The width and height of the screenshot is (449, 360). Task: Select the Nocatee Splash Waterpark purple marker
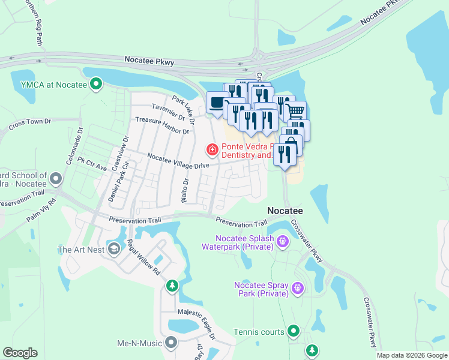[x=283, y=242]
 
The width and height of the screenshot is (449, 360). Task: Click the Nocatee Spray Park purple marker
[x=297, y=289]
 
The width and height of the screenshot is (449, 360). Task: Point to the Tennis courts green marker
[x=293, y=331]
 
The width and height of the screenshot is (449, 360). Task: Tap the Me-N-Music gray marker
[x=171, y=343]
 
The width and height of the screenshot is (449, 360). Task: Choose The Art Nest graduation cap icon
[x=114, y=249]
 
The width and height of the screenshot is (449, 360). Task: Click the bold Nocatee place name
[x=285, y=211]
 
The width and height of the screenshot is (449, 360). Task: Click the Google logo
[x=20, y=353]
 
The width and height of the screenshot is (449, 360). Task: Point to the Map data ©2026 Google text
[x=411, y=355]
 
